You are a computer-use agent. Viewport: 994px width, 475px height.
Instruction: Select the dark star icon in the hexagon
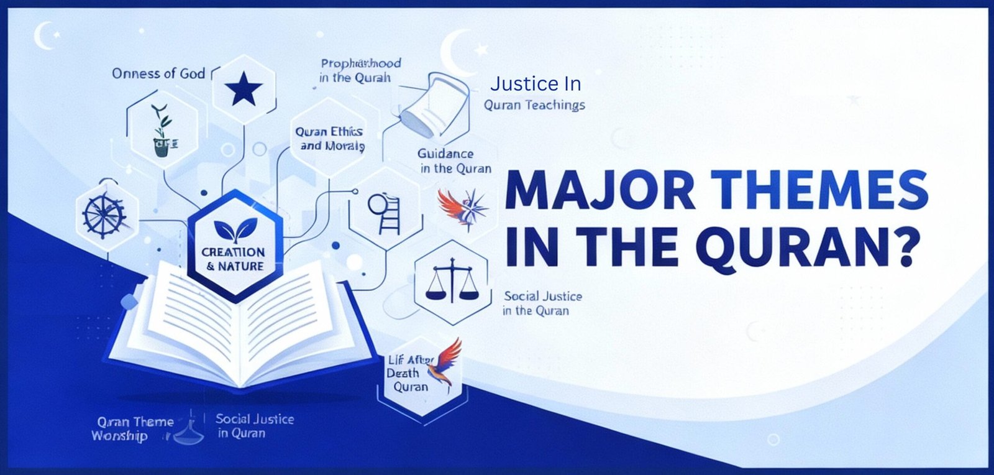pyautogui.click(x=244, y=90)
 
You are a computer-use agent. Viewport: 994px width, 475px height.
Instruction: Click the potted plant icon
pyautogui.click(x=162, y=131)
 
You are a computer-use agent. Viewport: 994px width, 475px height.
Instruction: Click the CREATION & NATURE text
pyautogui.click(x=234, y=259)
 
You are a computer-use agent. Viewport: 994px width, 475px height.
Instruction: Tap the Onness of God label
pyautogui.click(x=158, y=73)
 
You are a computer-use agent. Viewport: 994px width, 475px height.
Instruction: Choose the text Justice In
pyautogui.click(x=535, y=83)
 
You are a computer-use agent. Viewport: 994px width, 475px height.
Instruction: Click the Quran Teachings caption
pyautogui.click(x=534, y=105)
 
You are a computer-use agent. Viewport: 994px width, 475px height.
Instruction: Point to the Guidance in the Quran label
pyautogui.click(x=455, y=161)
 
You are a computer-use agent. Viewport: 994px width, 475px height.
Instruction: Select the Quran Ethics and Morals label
pyautogui.click(x=330, y=139)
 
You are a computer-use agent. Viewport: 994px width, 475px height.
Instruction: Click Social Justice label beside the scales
pyautogui.click(x=542, y=303)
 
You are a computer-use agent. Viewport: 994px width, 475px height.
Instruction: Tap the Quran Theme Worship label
pyautogui.click(x=132, y=429)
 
